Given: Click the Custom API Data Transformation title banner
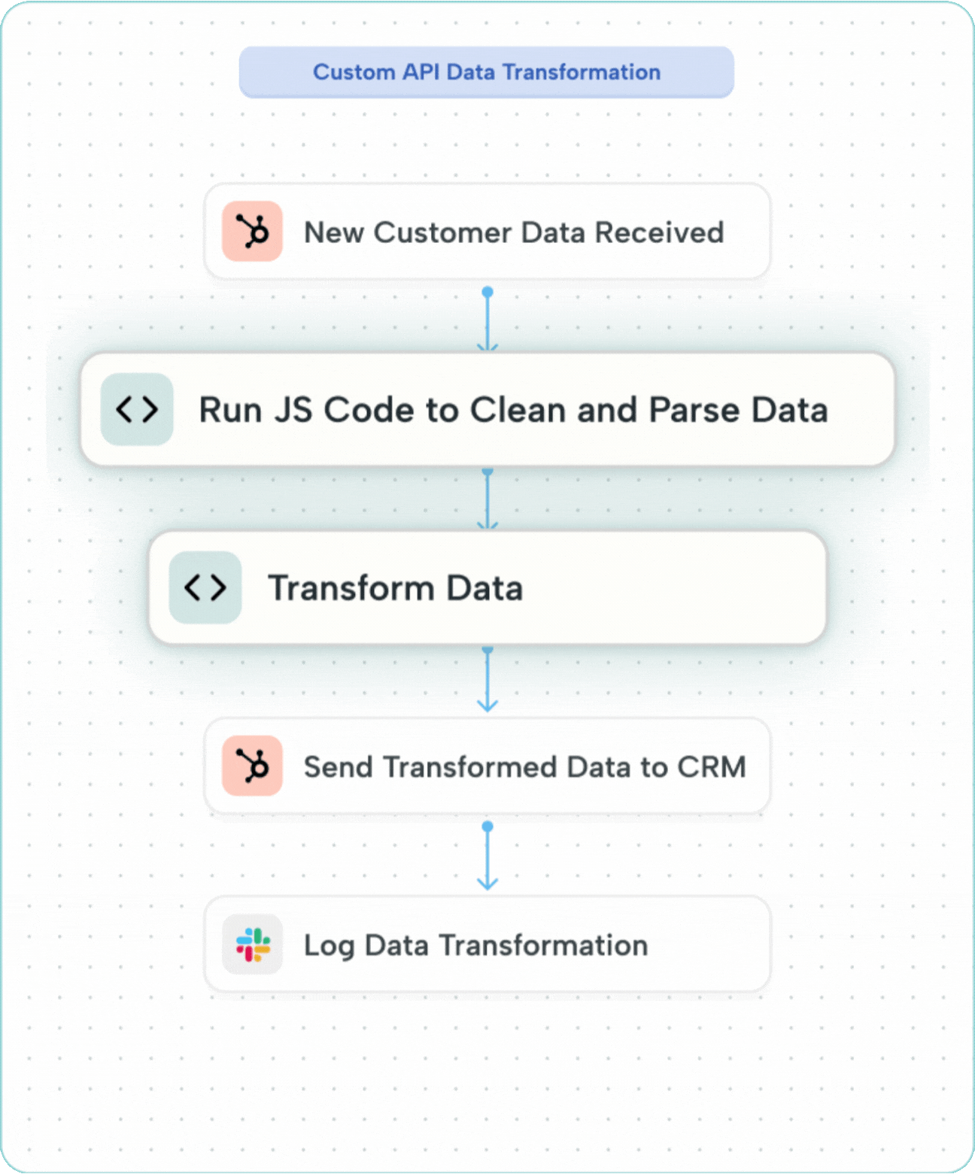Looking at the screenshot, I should pos(486,72).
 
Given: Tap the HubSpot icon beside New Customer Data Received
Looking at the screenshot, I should pos(252,231).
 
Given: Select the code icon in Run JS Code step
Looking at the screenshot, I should pos(137,409).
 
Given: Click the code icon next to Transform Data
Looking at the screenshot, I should pos(205,587).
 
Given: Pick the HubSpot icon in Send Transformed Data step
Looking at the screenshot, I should pos(252,766).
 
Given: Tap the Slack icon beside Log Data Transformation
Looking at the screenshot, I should pos(252,945).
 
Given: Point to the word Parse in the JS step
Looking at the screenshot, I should pos(694,411).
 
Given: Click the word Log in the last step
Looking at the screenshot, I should pos(329,946).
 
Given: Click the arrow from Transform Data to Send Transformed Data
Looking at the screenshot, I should pos(487,681).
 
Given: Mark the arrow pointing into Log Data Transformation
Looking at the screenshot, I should pos(487,861).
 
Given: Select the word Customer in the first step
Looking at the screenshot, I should pos(442,232).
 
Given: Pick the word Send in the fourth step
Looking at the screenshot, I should pos(338,767).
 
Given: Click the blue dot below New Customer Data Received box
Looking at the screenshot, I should pos(487,292).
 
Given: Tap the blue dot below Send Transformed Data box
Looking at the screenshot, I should pos(487,827).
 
